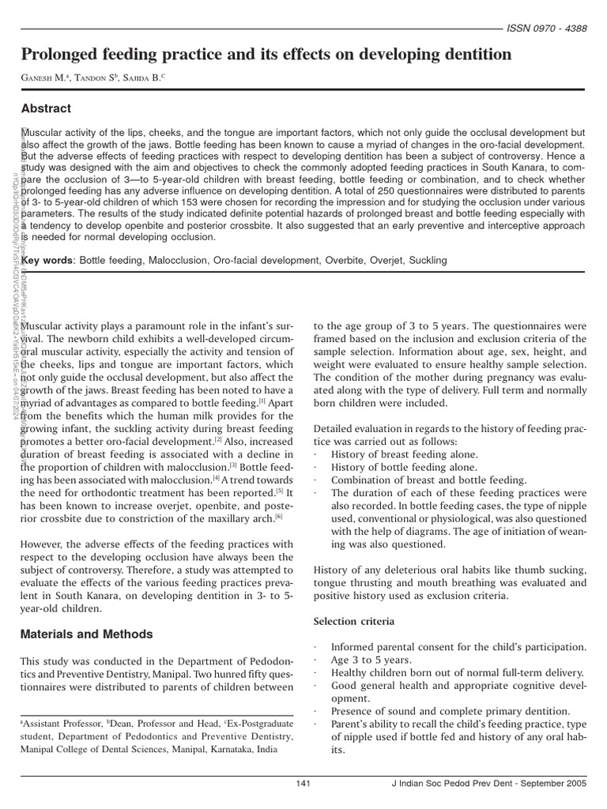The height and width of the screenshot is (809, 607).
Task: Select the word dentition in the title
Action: [470, 55]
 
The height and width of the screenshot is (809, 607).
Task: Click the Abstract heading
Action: [46, 109]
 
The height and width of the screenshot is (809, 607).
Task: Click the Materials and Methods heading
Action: [87, 634]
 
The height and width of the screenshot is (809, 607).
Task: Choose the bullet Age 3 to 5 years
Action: [371, 660]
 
